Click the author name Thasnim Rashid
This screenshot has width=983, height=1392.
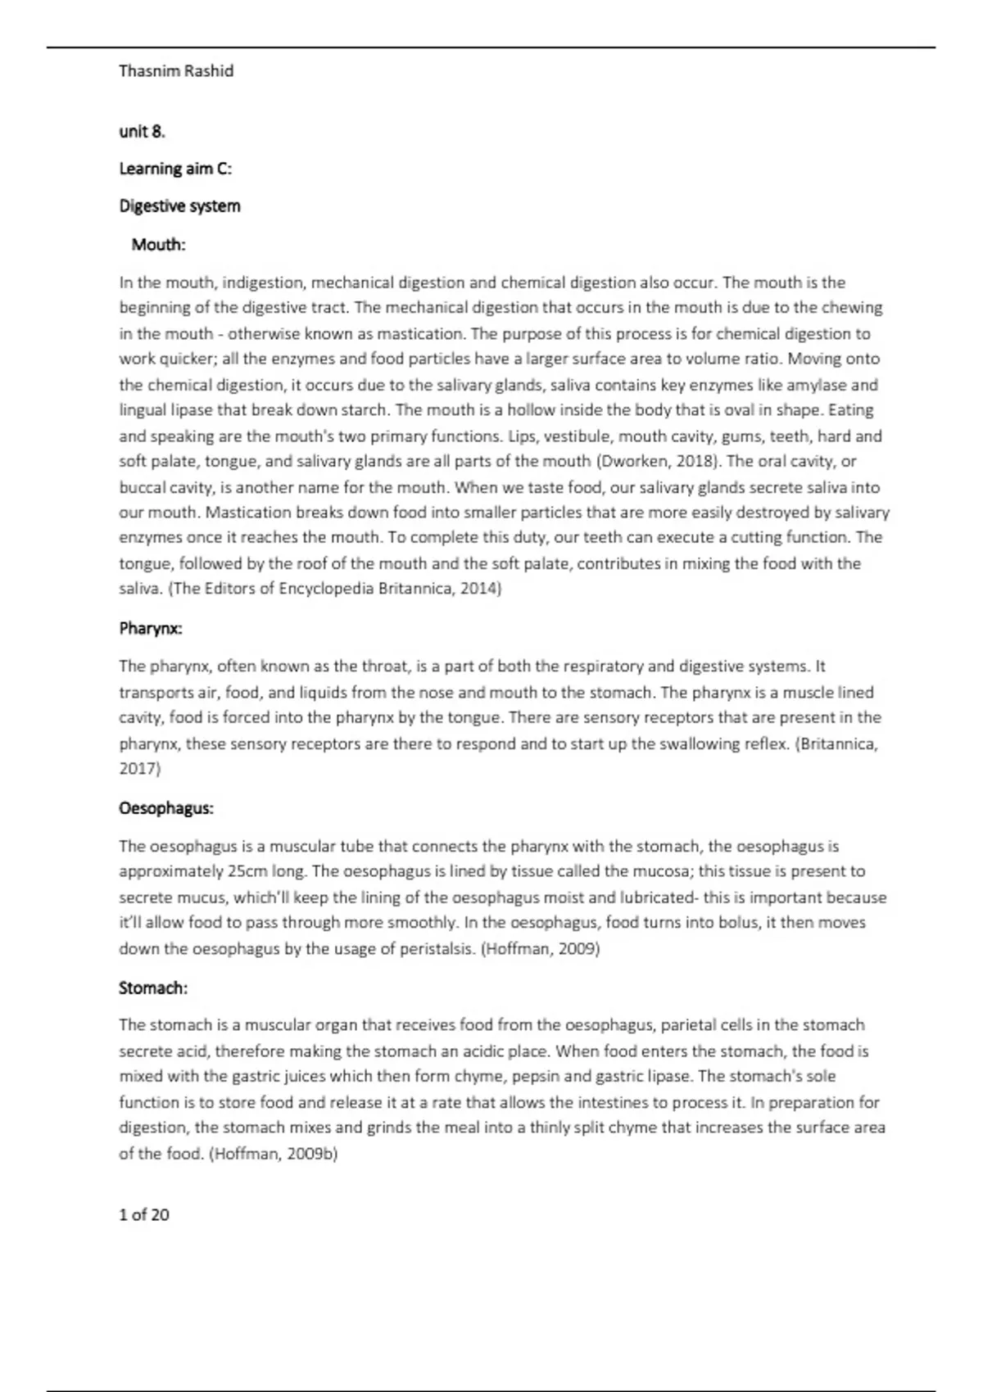tap(176, 71)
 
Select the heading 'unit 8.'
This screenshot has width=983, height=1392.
tap(142, 131)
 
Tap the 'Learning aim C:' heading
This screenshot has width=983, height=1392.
tap(175, 169)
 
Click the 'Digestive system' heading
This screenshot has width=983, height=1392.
tap(179, 206)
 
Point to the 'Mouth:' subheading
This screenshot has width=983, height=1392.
tap(158, 245)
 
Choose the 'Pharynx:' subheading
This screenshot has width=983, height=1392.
tap(151, 629)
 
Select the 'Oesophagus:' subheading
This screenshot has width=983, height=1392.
tap(166, 808)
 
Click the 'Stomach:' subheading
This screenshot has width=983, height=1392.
tap(153, 988)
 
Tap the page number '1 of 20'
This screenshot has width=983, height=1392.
tap(144, 1215)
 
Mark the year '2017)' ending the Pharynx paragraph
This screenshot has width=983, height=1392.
tap(140, 769)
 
